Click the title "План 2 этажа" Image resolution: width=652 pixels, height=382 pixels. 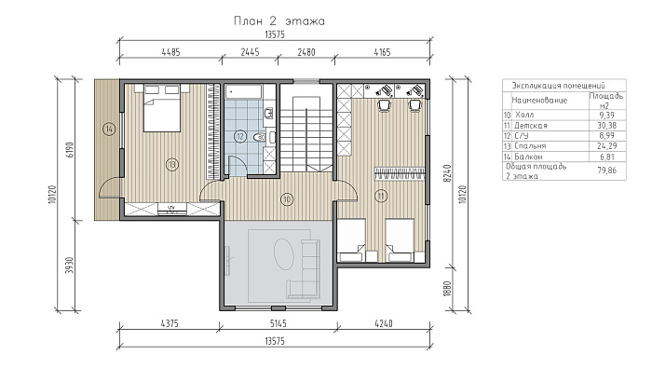[279, 20]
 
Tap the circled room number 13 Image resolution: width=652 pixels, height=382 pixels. [171, 165]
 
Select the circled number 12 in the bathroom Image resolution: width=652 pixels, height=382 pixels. [240, 136]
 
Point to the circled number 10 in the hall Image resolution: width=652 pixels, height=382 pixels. [287, 199]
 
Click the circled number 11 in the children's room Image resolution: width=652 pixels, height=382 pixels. [381, 195]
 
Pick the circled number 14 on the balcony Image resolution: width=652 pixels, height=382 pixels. [109, 129]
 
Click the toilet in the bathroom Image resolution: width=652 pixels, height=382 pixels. [259, 136]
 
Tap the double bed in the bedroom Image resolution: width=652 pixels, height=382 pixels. [162, 108]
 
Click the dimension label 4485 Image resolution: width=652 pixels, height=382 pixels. [170, 52]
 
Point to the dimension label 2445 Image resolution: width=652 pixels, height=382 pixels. [250, 52]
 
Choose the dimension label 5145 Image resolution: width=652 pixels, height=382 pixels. [278, 323]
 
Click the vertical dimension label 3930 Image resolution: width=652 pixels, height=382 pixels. [70, 265]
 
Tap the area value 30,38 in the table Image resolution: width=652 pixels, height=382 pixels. [607, 125]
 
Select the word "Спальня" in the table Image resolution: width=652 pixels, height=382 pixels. [530, 146]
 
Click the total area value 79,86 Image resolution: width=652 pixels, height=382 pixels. [607, 170]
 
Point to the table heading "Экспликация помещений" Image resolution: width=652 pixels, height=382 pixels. [558, 86]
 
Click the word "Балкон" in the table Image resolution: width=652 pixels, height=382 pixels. [528, 157]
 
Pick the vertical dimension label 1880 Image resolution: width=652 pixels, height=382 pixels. [447, 289]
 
